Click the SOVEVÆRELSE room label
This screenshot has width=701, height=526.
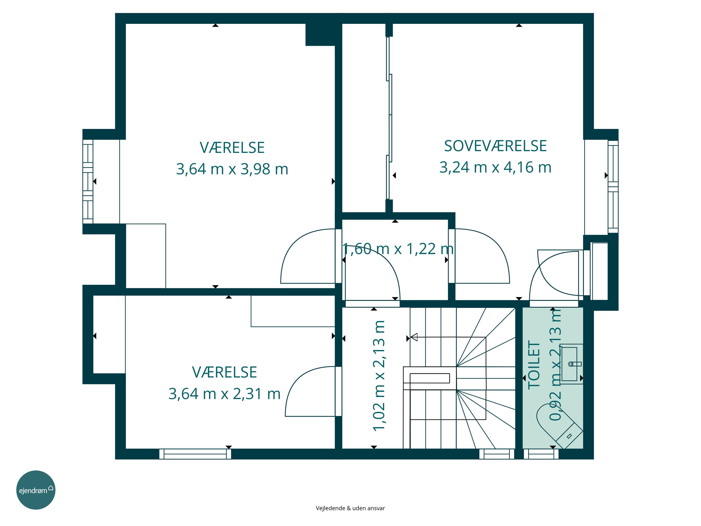(x=495, y=146)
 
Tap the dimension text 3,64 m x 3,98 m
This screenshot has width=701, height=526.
(x=232, y=169)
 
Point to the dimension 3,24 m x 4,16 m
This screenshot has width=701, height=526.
(x=495, y=167)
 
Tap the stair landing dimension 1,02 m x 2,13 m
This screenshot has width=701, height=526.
(x=379, y=376)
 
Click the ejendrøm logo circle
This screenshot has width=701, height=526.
(x=36, y=490)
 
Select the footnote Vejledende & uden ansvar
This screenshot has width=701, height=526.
(x=350, y=508)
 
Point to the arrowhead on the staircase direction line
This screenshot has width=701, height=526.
(x=414, y=337)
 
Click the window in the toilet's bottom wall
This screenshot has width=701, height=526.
(x=541, y=454)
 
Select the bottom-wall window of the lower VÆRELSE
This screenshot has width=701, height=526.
(x=195, y=454)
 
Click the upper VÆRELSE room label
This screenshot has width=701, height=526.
(x=232, y=148)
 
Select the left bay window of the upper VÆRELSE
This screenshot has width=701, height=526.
(x=88, y=182)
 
